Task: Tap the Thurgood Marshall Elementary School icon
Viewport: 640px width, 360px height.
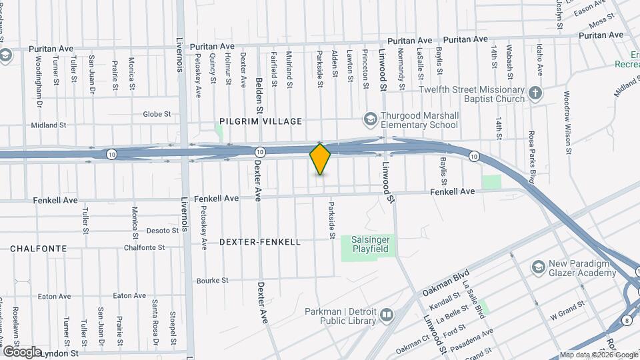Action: click(370, 120)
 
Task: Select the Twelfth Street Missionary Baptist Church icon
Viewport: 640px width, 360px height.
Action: click(535, 93)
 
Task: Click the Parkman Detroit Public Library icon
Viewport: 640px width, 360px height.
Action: click(387, 313)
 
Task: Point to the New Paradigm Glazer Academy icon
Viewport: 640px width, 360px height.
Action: click(537, 267)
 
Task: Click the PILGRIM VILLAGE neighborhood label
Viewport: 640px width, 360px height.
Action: click(261, 121)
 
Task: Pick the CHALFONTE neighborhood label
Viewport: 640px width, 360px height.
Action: click(39, 249)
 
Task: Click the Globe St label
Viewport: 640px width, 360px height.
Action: click(157, 114)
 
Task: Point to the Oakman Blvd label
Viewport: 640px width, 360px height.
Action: click(446, 283)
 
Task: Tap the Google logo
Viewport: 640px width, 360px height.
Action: click(23, 351)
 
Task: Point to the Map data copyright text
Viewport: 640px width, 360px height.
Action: click(599, 355)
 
